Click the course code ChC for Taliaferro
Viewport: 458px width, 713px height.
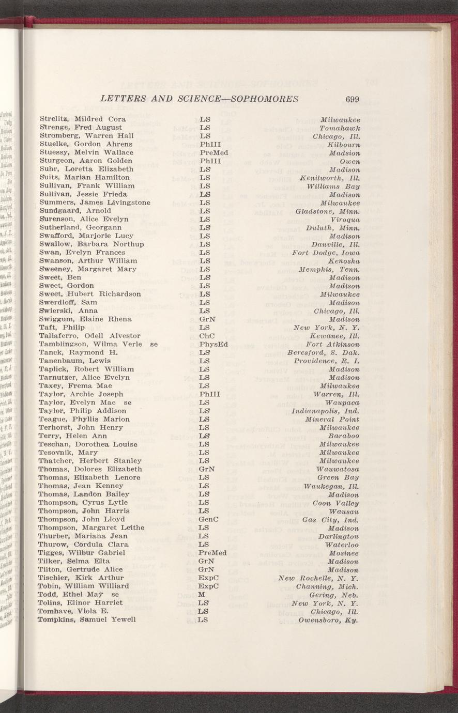pos(206,336)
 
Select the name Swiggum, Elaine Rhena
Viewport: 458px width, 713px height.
pos(85,319)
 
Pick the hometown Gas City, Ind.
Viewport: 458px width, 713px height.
pos(331,519)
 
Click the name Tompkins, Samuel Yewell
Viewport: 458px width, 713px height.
pos(87,619)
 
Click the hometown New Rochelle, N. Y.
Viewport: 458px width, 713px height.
pos(318,578)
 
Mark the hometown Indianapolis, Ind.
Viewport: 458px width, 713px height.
pos(325,411)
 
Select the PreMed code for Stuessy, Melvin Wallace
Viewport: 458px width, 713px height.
pos(213,152)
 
